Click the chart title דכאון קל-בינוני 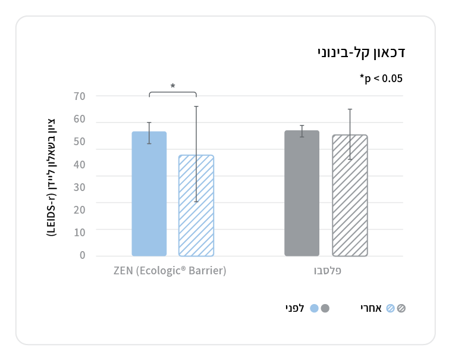click(361, 52)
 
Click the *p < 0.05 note click(381, 78)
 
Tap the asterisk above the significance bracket click(172, 86)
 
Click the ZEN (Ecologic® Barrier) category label click(170, 271)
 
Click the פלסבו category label click(328, 271)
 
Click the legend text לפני click(294, 308)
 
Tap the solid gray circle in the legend click(325, 308)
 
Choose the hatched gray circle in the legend click(401, 308)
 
